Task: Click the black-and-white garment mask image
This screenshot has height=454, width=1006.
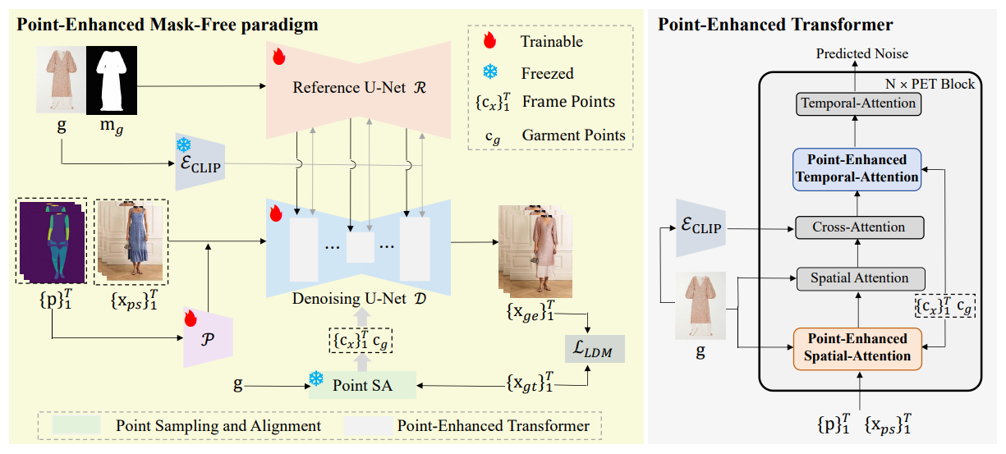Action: tap(112, 80)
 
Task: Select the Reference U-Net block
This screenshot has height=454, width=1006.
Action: tap(358, 89)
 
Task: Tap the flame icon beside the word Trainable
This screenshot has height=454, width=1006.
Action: tap(489, 40)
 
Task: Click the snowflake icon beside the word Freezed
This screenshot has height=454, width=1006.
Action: tap(490, 72)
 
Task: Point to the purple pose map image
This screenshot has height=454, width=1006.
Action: tap(52, 241)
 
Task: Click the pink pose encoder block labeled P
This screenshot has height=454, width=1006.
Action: tap(208, 337)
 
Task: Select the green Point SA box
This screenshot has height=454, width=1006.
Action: tap(362, 385)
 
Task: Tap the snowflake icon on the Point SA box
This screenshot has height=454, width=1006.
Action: tap(316, 378)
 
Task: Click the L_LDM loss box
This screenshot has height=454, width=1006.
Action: tap(595, 349)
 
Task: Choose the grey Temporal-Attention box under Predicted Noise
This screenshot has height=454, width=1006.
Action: tap(858, 103)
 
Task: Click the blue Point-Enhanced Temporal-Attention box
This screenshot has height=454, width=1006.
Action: tap(857, 169)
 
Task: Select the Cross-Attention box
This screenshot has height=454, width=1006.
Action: tap(859, 227)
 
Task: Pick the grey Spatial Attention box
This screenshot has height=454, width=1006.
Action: tap(860, 278)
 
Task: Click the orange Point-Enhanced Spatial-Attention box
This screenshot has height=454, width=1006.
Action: tap(857, 348)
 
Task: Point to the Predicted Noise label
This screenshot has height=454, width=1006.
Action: tap(861, 54)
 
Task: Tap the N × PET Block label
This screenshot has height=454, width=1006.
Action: tap(930, 84)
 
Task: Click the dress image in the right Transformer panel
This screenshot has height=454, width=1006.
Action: tap(701, 305)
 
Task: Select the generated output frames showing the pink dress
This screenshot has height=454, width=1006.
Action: tap(535, 251)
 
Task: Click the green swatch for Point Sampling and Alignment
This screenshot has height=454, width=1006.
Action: tap(76, 424)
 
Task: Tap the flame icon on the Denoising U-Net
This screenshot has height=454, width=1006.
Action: tap(276, 213)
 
